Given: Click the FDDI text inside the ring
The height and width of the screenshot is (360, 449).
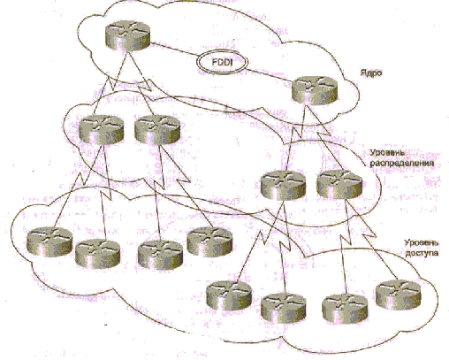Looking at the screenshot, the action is (223, 62).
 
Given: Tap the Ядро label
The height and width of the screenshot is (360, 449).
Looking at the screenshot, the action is (371, 73).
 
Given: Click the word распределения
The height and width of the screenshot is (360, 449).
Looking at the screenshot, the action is (402, 163).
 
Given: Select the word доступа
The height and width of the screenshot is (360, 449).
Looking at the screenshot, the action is (422, 253).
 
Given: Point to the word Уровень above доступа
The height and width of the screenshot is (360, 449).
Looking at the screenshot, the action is (421, 243).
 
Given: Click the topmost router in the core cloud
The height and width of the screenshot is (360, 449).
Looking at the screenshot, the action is (127, 35).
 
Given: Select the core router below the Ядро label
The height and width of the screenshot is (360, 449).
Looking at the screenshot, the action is (315, 90).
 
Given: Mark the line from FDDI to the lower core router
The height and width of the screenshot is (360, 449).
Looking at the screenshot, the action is (270, 75).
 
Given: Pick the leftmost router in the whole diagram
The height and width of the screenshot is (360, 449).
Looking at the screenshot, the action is (49, 241).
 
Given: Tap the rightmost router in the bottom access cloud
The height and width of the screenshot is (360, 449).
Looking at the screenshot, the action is (399, 295).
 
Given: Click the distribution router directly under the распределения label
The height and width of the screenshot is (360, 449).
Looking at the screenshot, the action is (339, 184).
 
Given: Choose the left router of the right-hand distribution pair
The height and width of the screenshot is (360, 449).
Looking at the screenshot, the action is (284, 185).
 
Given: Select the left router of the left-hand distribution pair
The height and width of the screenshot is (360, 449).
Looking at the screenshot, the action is (102, 130).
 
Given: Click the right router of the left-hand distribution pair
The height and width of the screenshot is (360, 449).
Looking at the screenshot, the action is (157, 130).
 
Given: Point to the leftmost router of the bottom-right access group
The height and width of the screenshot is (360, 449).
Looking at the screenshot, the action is (229, 295).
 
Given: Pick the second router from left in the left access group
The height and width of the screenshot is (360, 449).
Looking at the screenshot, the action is (98, 254).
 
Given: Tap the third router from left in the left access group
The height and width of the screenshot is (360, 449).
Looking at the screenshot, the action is (160, 255).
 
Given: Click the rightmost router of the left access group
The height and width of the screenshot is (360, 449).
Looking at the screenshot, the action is (209, 241).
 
